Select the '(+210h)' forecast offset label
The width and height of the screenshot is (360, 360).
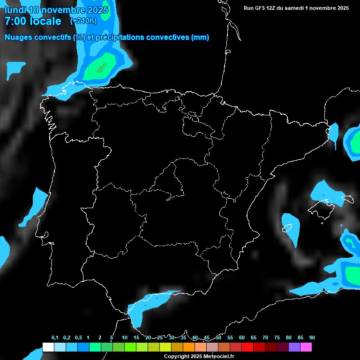(x=83, y=21)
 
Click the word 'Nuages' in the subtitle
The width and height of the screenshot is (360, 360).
(x=18, y=37)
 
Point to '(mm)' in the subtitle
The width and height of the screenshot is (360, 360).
(x=200, y=37)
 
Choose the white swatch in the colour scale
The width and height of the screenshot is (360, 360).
(x=48, y=347)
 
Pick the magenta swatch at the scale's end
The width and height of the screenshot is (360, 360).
(x=306, y=347)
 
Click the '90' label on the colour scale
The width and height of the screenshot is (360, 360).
(x=312, y=338)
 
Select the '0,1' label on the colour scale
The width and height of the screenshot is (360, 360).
(x=54, y=338)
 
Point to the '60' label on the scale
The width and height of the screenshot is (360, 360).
(x=241, y=338)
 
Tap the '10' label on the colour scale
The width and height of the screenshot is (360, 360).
(x=124, y=338)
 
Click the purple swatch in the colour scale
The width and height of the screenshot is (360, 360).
(x=294, y=347)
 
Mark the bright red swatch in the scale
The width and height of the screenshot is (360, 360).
(x=247, y=347)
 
